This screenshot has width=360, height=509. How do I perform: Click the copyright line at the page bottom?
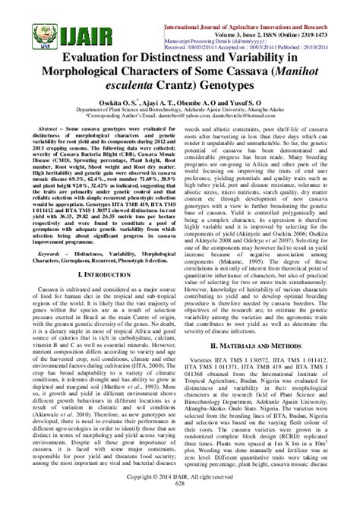point(179,494)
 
